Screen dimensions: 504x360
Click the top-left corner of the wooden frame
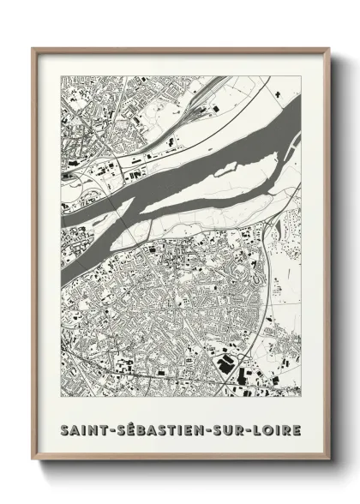click(33, 48)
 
